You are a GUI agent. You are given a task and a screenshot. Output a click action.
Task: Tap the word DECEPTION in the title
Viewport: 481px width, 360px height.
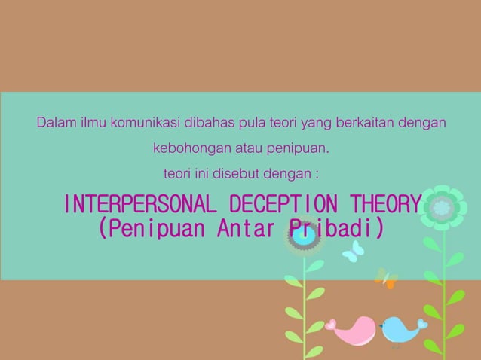coord(283,204)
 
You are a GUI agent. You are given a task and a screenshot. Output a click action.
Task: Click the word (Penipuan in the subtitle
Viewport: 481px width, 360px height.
coord(151,227)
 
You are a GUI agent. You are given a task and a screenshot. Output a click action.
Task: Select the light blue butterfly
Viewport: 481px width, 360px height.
coord(352,252)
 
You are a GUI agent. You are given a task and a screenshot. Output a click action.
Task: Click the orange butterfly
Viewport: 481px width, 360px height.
coord(386,278)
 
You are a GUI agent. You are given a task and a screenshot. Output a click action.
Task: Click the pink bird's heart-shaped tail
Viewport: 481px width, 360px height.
coord(330,325)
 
